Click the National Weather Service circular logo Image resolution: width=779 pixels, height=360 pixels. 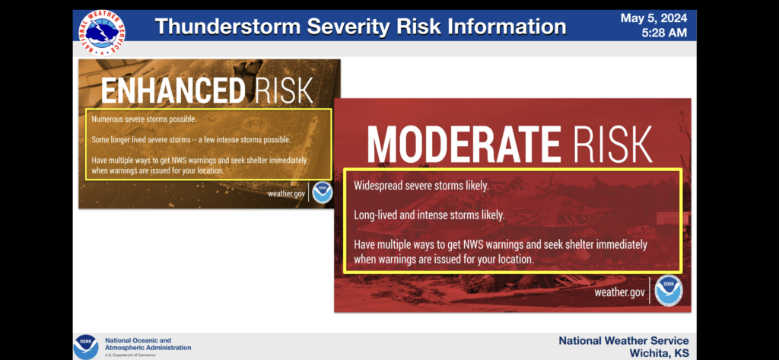[102, 32]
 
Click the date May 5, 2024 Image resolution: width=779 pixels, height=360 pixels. [653, 18]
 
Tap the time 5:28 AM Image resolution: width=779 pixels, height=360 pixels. [664, 33]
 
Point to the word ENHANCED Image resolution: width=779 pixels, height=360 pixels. [173, 90]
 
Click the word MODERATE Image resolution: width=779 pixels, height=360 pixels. [463, 145]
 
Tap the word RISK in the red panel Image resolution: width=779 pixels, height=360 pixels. [612, 145]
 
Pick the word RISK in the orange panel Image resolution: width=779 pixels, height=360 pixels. [284, 90]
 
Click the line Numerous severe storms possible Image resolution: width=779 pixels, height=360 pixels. [144, 119]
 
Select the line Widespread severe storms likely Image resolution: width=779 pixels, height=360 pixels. [421, 186]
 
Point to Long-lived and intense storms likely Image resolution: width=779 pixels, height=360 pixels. [429, 215]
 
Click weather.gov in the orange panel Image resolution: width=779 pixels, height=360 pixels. [287, 193]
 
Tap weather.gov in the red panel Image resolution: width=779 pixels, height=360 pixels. [619, 292]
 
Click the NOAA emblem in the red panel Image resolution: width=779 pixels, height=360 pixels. [668, 291]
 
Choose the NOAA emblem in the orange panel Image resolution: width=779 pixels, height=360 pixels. [322, 193]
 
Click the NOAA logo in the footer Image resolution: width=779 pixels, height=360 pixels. [86, 346]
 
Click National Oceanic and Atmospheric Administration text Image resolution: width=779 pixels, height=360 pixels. [148, 344]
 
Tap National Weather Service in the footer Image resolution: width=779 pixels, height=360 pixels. [624, 341]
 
